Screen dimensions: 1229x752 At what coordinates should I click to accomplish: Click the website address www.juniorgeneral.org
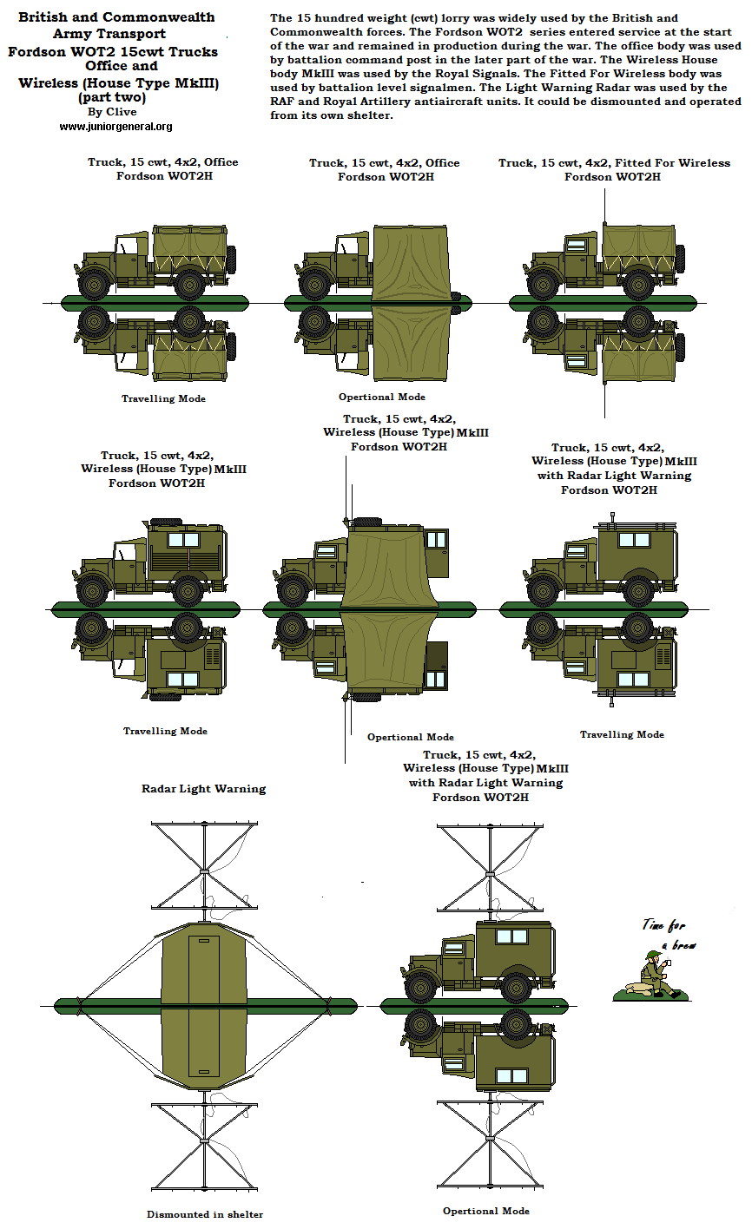(x=115, y=127)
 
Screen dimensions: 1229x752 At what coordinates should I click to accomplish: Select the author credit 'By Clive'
(x=112, y=112)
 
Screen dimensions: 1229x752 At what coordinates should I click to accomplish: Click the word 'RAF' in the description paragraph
(x=284, y=102)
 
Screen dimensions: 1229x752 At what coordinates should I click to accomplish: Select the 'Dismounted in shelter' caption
(x=205, y=1214)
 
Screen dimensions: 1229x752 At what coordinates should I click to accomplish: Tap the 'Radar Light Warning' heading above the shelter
(x=203, y=789)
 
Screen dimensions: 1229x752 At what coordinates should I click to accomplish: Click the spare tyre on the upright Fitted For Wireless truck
(x=679, y=258)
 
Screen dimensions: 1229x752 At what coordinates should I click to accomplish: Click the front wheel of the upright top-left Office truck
(x=93, y=283)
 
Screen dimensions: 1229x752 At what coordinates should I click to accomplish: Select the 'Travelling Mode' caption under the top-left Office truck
(x=163, y=398)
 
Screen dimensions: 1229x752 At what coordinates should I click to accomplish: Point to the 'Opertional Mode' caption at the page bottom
(x=485, y=1211)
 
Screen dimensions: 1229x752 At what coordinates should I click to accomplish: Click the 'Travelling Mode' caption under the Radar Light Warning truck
(x=622, y=734)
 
